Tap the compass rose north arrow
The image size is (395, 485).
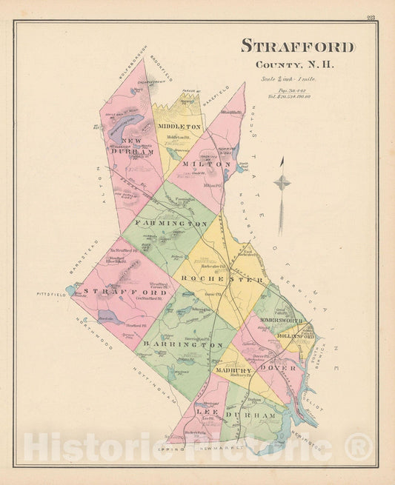pyautogui.click(x=281, y=184)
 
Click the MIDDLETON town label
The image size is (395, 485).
pyautogui.click(x=179, y=127)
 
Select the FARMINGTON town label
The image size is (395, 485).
pyautogui.click(x=170, y=223)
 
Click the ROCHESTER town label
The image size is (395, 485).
pyautogui.click(x=219, y=280)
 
